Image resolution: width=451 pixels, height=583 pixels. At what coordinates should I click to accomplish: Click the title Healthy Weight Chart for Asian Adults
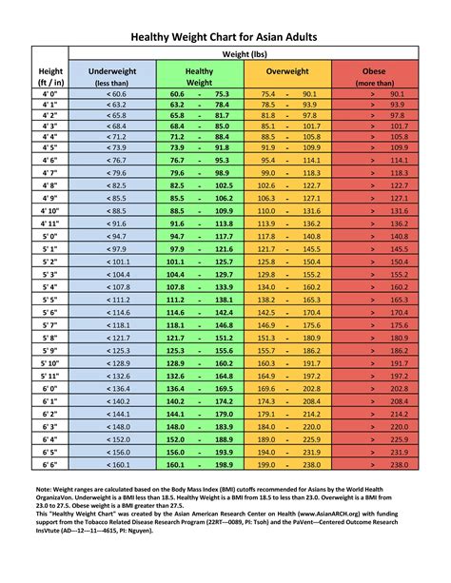(225, 36)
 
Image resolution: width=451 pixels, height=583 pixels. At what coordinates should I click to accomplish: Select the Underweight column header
(111, 71)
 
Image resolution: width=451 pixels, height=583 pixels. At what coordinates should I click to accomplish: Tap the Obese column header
(374, 71)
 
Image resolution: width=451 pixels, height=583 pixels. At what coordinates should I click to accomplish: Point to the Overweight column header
(287, 71)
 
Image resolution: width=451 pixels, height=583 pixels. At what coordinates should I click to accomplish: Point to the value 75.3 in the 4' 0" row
(223, 94)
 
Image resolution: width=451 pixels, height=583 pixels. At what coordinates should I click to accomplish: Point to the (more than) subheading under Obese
(374, 83)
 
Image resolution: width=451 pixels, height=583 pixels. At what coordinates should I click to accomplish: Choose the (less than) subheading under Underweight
(111, 83)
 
